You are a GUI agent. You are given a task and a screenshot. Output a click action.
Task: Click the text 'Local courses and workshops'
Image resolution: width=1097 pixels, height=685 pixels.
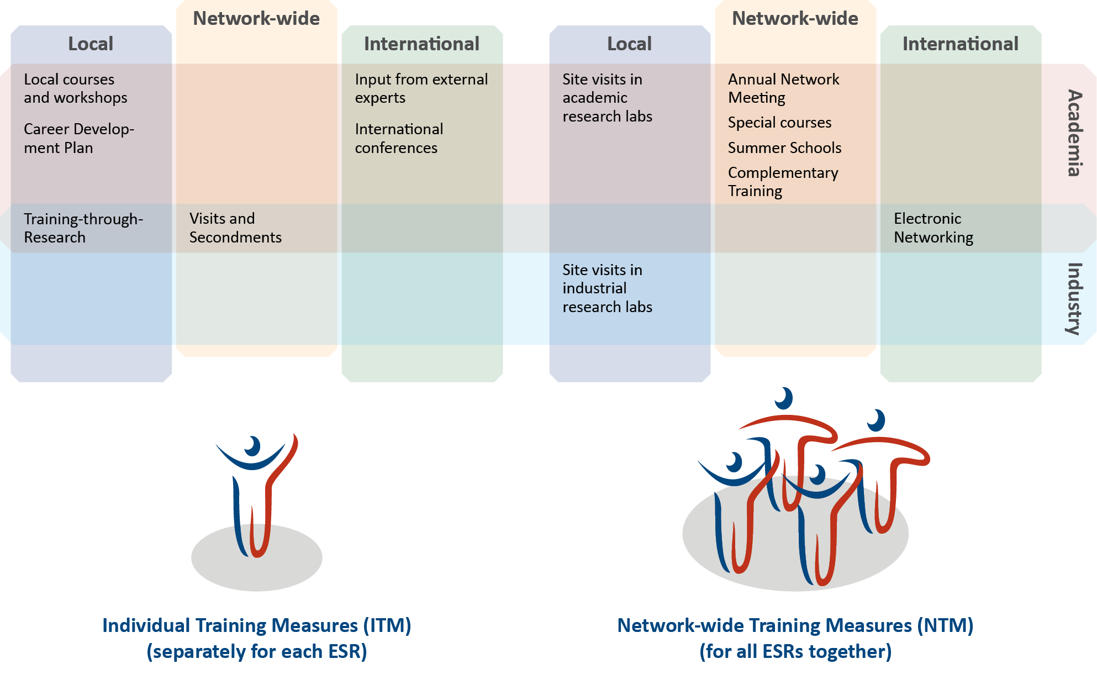(75, 88)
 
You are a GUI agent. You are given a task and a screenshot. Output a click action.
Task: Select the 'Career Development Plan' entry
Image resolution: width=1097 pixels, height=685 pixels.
(78, 138)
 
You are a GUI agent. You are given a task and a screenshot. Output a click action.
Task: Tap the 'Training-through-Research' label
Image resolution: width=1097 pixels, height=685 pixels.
(83, 228)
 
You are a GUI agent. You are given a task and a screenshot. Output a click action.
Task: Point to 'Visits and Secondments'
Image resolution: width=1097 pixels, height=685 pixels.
(235, 228)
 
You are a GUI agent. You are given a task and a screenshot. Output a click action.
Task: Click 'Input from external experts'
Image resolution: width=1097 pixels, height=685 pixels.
(421, 88)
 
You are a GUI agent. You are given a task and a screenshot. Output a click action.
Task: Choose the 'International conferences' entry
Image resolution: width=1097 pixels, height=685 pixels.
(398, 138)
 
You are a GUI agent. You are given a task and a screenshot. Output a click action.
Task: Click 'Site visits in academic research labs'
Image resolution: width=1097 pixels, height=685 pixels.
(606, 98)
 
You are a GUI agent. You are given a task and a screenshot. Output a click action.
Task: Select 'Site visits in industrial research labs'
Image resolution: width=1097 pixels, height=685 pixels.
(606, 288)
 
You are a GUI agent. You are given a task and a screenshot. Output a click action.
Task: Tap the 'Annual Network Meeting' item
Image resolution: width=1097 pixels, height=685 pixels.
(783, 88)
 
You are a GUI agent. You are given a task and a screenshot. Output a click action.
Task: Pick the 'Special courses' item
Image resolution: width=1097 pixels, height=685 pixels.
(779, 123)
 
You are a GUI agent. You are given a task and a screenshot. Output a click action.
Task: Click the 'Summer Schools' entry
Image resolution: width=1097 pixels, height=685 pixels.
(784, 148)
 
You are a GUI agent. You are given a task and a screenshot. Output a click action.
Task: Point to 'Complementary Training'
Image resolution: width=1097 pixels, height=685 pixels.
(782, 182)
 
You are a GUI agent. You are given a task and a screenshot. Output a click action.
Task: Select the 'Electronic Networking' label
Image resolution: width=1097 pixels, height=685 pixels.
(933, 228)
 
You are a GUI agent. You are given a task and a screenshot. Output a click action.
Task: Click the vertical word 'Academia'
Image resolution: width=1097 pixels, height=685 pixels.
(1074, 133)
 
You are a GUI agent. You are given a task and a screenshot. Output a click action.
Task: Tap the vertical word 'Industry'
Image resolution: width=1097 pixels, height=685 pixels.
(1074, 298)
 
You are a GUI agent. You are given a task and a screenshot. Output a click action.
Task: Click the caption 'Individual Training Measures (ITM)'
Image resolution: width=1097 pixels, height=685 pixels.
(256, 625)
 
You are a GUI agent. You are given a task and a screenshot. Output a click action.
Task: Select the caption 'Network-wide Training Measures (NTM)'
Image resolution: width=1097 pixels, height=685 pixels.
(795, 625)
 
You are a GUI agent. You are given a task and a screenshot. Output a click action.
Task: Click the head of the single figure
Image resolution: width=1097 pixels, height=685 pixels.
(253, 445)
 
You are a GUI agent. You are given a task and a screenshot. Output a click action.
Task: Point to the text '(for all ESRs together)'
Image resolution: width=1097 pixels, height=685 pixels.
(795, 652)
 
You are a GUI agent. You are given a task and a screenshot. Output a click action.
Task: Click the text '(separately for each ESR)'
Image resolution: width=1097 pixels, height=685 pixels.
(256, 652)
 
